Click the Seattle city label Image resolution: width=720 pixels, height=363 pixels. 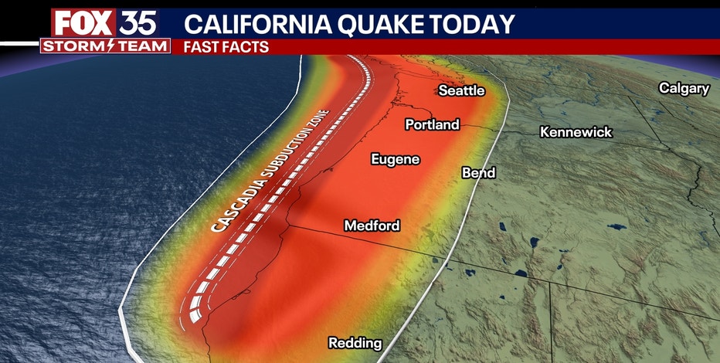461,90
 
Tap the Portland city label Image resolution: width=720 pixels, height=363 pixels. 433,124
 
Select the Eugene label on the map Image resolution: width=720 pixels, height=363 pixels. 395,159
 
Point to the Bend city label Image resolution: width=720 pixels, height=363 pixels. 477,173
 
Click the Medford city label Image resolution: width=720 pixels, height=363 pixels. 372,226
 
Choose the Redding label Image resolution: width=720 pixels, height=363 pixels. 355,342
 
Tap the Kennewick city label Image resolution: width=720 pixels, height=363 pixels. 576,132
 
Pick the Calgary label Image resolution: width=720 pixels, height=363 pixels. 683,88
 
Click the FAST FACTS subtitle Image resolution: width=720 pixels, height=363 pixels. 226,46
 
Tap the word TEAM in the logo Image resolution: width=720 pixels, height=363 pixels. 143,46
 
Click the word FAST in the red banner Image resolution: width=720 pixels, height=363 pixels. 201,46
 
